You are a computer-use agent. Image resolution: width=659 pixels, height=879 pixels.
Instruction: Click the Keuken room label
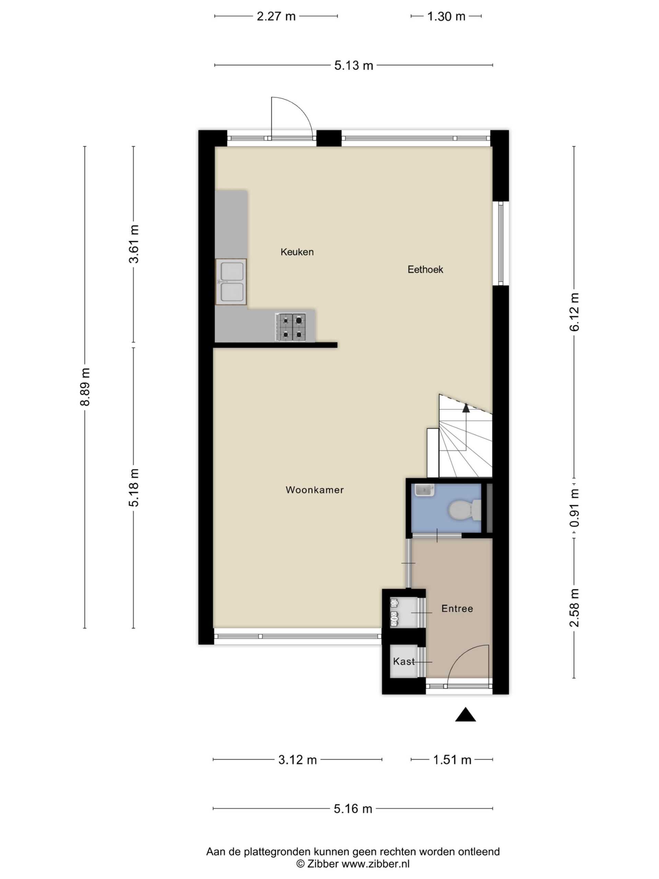pyautogui.click(x=297, y=252)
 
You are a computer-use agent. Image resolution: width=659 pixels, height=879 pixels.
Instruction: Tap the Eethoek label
pyautogui.click(x=425, y=270)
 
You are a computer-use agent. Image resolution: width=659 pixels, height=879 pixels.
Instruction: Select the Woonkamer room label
pyautogui.click(x=315, y=490)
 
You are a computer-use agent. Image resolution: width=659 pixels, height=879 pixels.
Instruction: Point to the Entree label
pyautogui.click(x=457, y=609)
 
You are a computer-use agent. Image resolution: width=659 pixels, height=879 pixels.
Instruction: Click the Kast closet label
pyautogui.click(x=404, y=662)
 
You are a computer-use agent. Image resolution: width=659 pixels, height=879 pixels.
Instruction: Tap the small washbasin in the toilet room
pyautogui.click(x=425, y=490)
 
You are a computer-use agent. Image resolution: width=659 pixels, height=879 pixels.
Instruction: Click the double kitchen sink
pyautogui.click(x=231, y=282)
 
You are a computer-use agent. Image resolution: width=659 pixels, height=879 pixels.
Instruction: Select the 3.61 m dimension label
pyautogui.click(x=134, y=243)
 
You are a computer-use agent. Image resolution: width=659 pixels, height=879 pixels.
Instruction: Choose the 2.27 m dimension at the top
pyautogui.click(x=276, y=16)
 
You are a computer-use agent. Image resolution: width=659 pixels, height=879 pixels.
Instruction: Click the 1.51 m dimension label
pyautogui.click(x=452, y=760)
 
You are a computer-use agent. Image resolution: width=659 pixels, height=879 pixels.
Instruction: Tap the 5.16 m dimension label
pyautogui.click(x=353, y=809)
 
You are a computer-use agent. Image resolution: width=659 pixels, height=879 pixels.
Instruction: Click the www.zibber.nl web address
pyautogui.click(x=375, y=864)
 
